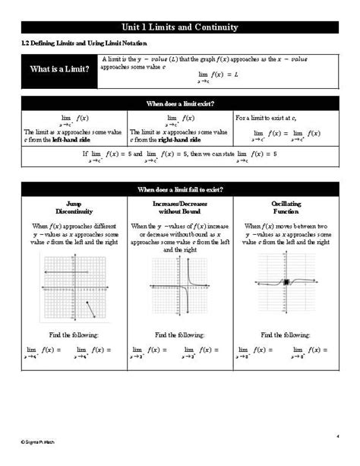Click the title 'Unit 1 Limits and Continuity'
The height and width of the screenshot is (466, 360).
coord(180,27)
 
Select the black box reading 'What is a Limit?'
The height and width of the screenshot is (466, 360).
coord(59,70)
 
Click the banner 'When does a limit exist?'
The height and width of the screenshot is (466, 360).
coord(180,104)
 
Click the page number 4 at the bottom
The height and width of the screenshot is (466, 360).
coord(336,436)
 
